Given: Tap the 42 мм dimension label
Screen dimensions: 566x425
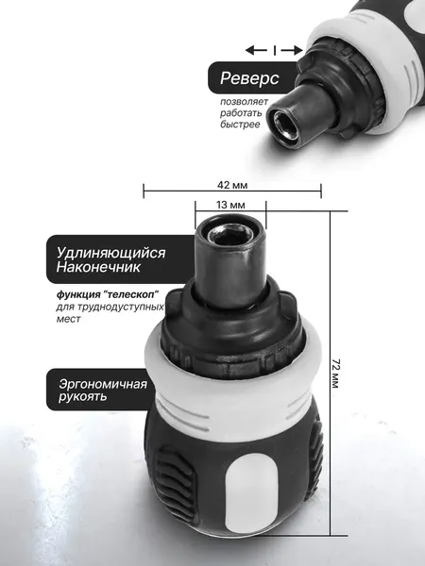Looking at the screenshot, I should click(231, 186).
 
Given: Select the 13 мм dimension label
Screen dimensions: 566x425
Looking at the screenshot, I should click(231, 205).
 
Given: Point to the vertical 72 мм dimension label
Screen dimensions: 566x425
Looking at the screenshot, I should click(337, 374).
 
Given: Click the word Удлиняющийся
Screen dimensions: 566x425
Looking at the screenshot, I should click(110, 254).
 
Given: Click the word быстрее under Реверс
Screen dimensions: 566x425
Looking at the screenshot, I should click(241, 124).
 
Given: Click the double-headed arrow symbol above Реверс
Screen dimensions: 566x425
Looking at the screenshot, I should click(275, 48).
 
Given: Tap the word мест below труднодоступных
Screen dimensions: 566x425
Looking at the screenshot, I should click(67, 319).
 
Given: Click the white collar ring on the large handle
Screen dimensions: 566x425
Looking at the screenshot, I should click(231, 387).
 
